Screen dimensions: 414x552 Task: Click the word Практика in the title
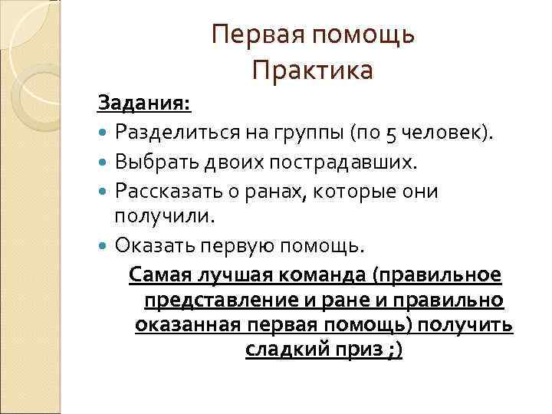(x=313, y=71)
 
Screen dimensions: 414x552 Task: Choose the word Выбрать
(x=150, y=162)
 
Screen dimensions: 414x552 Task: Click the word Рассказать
(x=162, y=191)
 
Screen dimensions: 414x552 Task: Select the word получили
(x=162, y=216)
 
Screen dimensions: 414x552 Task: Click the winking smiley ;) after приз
(x=395, y=350)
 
